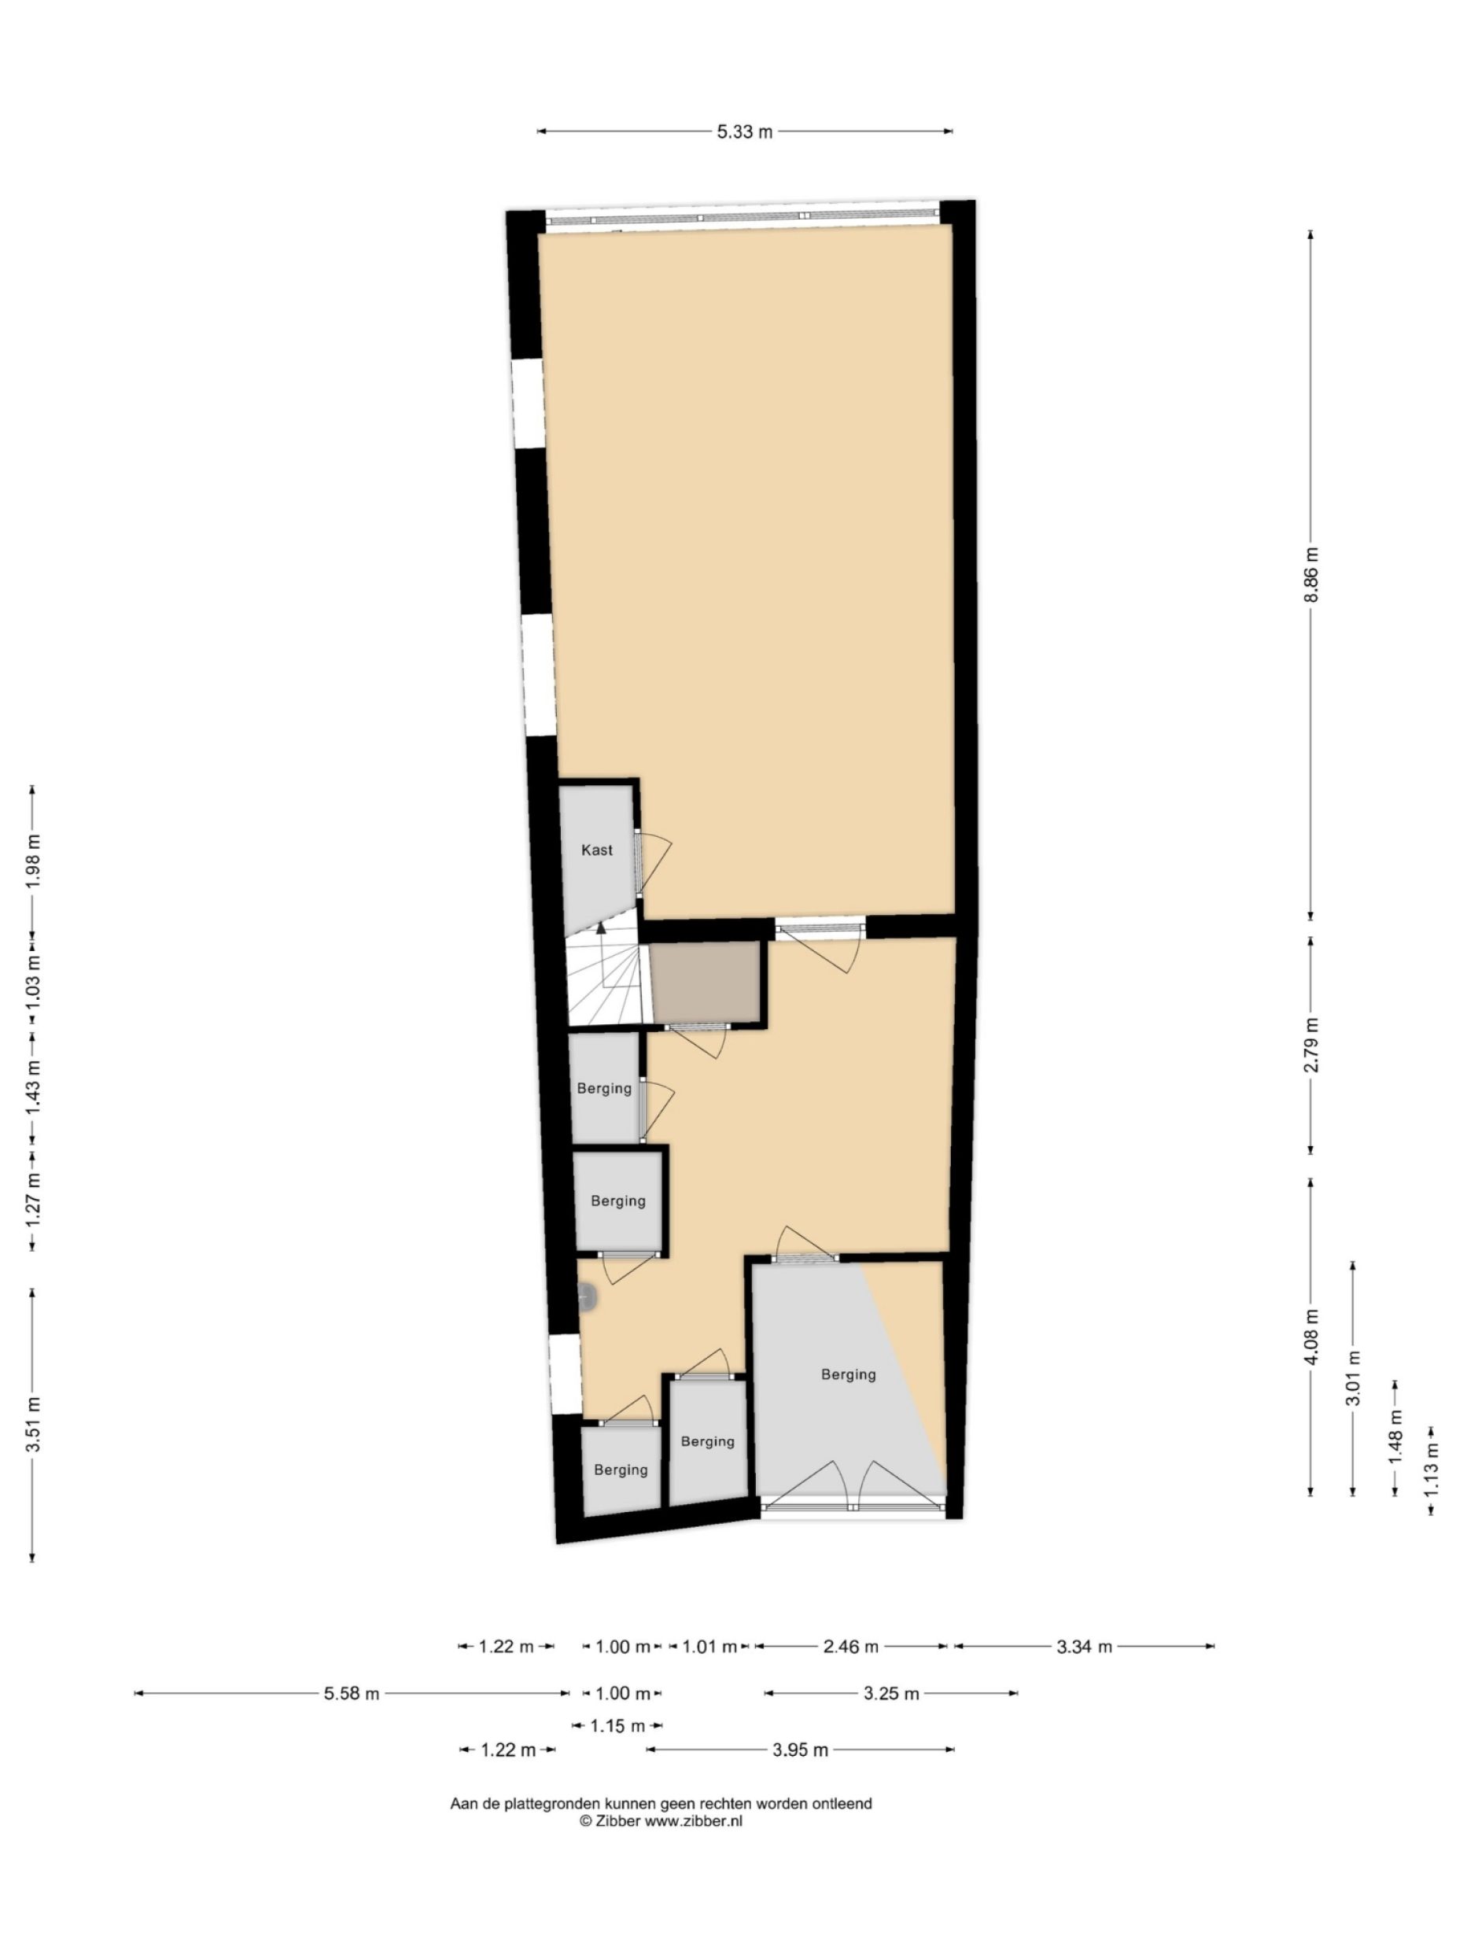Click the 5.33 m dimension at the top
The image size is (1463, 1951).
pos(743,131)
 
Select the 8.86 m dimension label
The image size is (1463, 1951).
pos(1310,574)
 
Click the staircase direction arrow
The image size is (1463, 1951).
pos(601,927)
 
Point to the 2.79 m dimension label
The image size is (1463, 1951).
pos(1310,1046)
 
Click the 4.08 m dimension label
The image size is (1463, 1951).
pos(1310,1337)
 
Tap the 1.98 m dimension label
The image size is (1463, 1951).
pos(32,860)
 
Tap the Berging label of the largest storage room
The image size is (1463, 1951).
pos(847,1374)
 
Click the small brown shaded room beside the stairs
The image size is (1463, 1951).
pos(705,982)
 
